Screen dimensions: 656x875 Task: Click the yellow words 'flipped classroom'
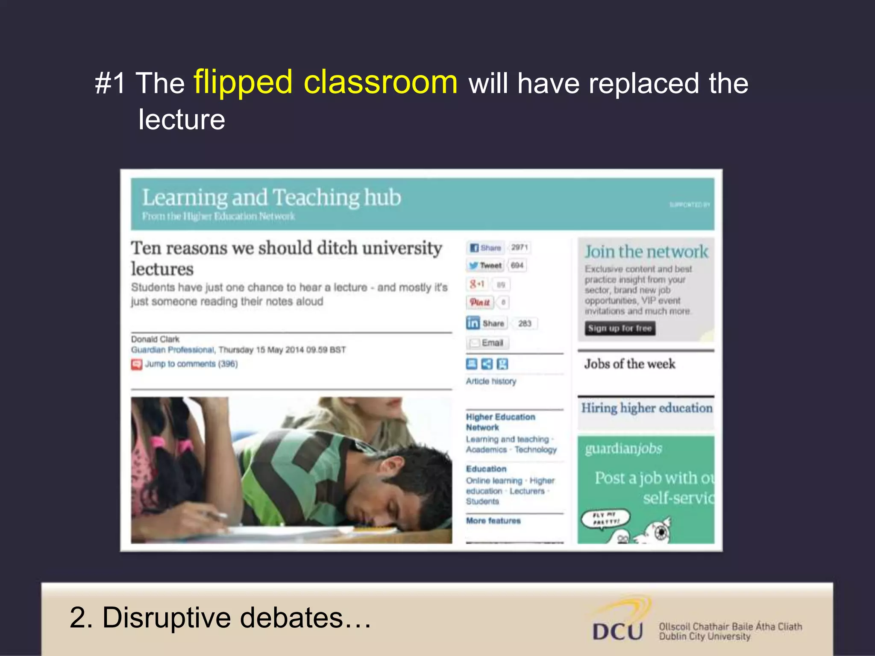tap(325, 82)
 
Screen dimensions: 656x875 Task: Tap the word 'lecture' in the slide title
tap(182, 119)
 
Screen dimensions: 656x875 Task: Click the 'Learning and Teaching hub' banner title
tap(271, 198)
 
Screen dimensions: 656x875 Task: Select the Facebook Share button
tap(485, 248)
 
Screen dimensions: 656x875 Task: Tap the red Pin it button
tap(480, 302)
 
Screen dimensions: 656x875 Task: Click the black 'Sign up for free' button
tap(620, 328)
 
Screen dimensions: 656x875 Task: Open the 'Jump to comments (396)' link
tap(191, 364)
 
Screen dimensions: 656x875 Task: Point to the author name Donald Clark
tap(155, 339)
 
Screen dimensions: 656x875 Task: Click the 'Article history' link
tap(491, 381)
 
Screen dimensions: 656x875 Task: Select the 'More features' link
tap(493, 521)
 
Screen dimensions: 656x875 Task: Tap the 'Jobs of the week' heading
tap(630, 364)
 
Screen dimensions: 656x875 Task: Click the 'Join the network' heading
tap(646, 252)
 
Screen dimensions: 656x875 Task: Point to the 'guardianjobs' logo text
tap(623, 448)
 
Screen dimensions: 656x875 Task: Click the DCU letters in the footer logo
tap(617, 631)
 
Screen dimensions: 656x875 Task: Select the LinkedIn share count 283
tap(525, 323)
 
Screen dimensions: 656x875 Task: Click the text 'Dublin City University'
tap(705, 636)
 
